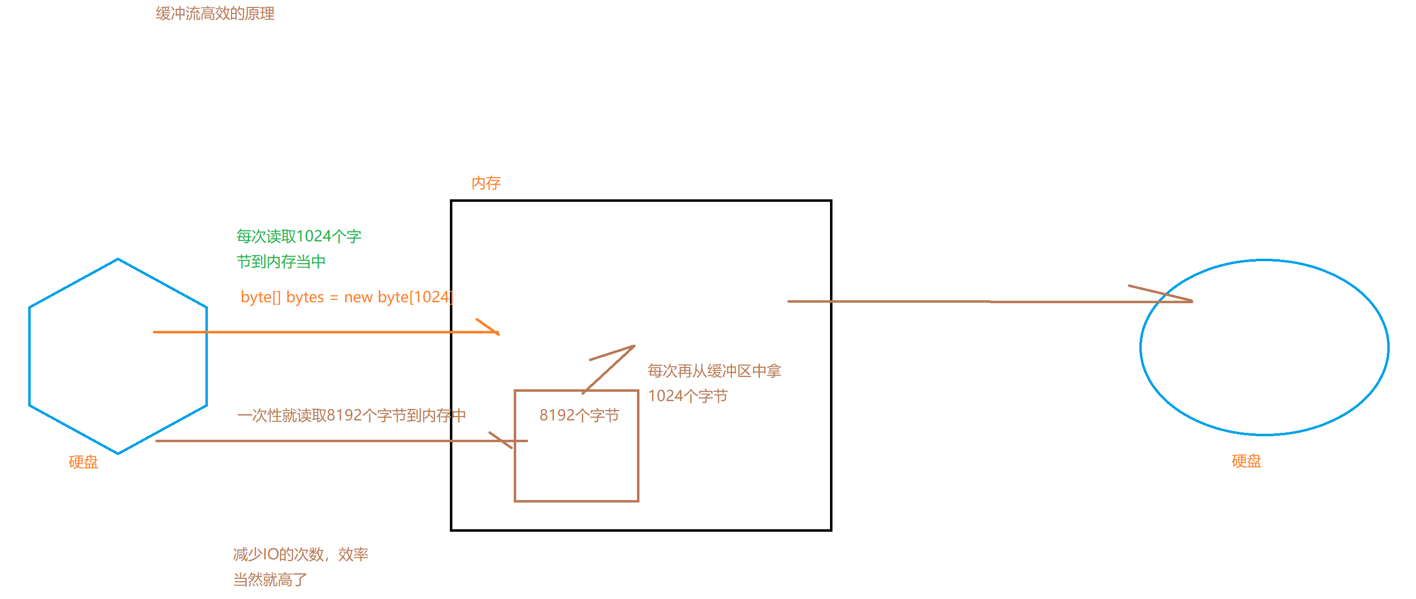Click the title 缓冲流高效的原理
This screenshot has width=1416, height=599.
click(x=215, y=14)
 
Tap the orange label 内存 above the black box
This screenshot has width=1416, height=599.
click(x=486, y=183)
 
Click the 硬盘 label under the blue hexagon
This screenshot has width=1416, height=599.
click(x=83, y=461)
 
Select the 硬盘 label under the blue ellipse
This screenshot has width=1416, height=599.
click(x=1246, y=461)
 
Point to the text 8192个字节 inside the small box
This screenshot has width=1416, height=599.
click(x=579, y=415)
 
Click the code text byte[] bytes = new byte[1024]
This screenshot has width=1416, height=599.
click(x=346, y=297)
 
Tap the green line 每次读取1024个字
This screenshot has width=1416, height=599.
click(x=298, y=236)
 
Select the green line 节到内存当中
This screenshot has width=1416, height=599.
click(x=281, y=262)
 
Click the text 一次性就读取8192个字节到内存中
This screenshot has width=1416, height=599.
click(x=351, y=415)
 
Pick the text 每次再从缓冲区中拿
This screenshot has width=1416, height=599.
click(x=714, y=371)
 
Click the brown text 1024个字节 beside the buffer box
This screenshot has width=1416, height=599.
click(x=687, y=396)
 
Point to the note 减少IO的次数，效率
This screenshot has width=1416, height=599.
click(x=300, y=554)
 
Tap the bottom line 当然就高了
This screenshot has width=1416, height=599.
click(x=270, y=579)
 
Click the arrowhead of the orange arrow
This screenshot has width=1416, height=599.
click(x=497, y=332)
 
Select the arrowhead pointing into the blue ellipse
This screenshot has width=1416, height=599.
click(x=1191, y=301)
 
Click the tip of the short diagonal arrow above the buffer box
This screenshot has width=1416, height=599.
click(x=634, y=346)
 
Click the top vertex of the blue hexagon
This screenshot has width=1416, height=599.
click(x=118, y=259)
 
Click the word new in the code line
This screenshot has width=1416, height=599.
click(x=358, y=297)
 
